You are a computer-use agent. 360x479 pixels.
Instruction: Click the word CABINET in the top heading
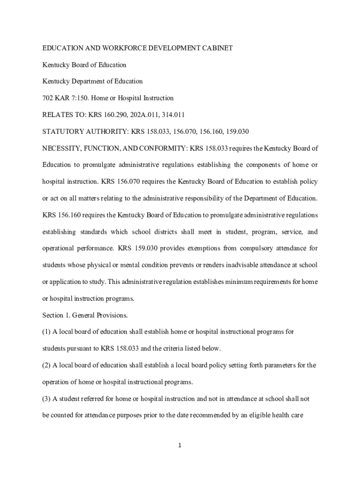pyautogui.click(x=216, y=48)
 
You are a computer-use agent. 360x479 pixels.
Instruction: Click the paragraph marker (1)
pyautogui.click(x=46, y=332)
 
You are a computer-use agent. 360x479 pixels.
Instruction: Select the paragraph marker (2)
pyautogui.click(x=46, y=365)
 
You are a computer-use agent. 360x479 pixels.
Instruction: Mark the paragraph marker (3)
pyautogui.click(x=46, y=399)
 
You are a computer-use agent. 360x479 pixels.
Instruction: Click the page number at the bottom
pyautogui.click(x=180, y=446)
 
